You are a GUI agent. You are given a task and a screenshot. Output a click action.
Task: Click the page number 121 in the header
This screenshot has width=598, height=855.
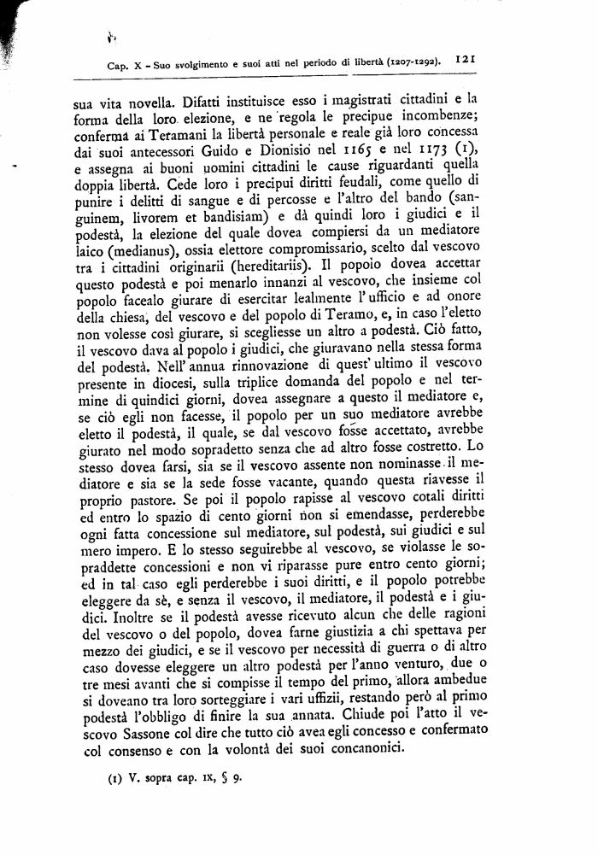[x=466, y=60]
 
